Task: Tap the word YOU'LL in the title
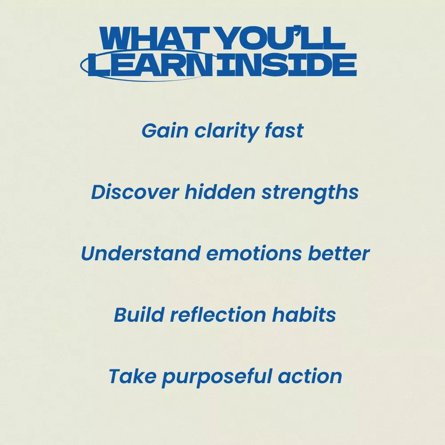click(x=282, y=38)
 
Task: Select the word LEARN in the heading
click(x=150, y=65)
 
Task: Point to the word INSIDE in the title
click(x=286, y=65)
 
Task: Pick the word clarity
click(x=227, y=132)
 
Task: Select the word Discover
click(x=135, y=192)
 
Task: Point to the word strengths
click(x=310, y=193)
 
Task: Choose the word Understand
click(x=141, y=253)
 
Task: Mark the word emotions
click(x=254, y=254)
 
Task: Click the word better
click(x=339, y=253)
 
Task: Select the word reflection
click(x=218, y=315)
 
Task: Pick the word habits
click(x=304, y=315)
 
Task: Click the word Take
click(x=133, y=376)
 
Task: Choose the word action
click(x=310, y=376)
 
